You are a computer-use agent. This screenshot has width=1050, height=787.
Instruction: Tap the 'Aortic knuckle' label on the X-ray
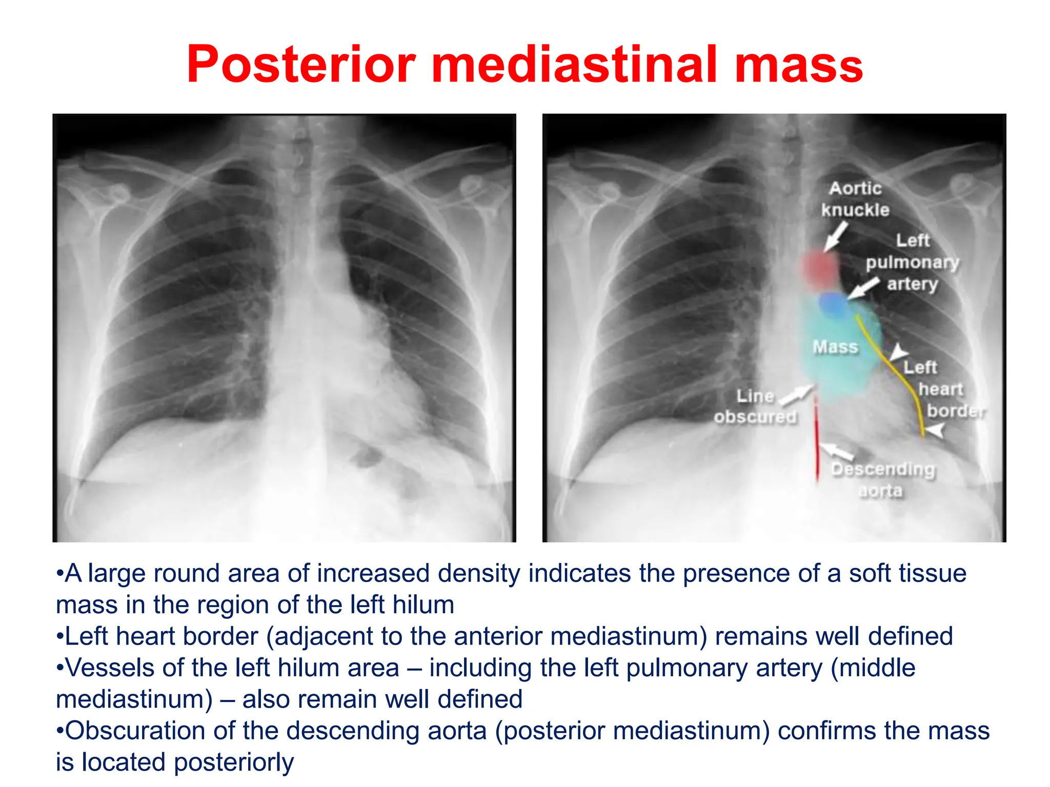tap(855, 199)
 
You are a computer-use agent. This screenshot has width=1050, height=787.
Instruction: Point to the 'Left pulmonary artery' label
tap(912, 262)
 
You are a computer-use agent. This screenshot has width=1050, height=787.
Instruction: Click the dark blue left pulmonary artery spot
tap(833, 304)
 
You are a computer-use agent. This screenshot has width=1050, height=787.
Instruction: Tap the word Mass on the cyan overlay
tap(835, 347)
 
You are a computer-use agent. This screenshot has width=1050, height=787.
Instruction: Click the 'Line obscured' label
tap(755, 406)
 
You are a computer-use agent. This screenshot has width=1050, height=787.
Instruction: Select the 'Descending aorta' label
tap(882, 480)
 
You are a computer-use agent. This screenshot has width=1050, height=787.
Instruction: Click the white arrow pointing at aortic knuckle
tap(835, 237)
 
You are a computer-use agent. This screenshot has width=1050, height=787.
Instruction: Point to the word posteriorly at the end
tap(233, 762)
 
